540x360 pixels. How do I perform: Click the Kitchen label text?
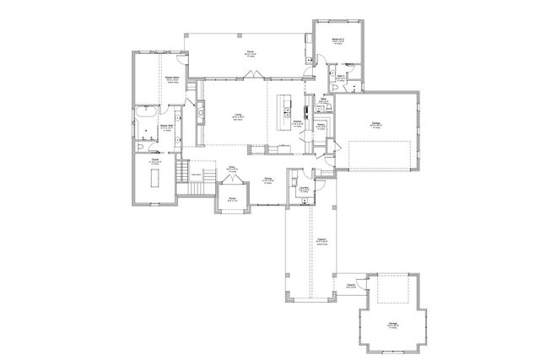click(x=298, y=121)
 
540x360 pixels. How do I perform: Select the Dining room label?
click(x=267, y=179)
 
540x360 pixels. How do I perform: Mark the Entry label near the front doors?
click(x=230, y=168)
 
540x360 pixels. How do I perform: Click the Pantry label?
click(x=321, y=126)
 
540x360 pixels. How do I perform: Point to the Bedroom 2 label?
click(x=337, y=39)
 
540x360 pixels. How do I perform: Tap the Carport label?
click(x=321, y=239)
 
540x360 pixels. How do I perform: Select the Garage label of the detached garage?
click(x=392, y=323)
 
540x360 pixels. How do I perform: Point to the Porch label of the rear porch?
click(x=251, y=52)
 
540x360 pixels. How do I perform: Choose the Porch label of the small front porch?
click(x=232, y=200)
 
